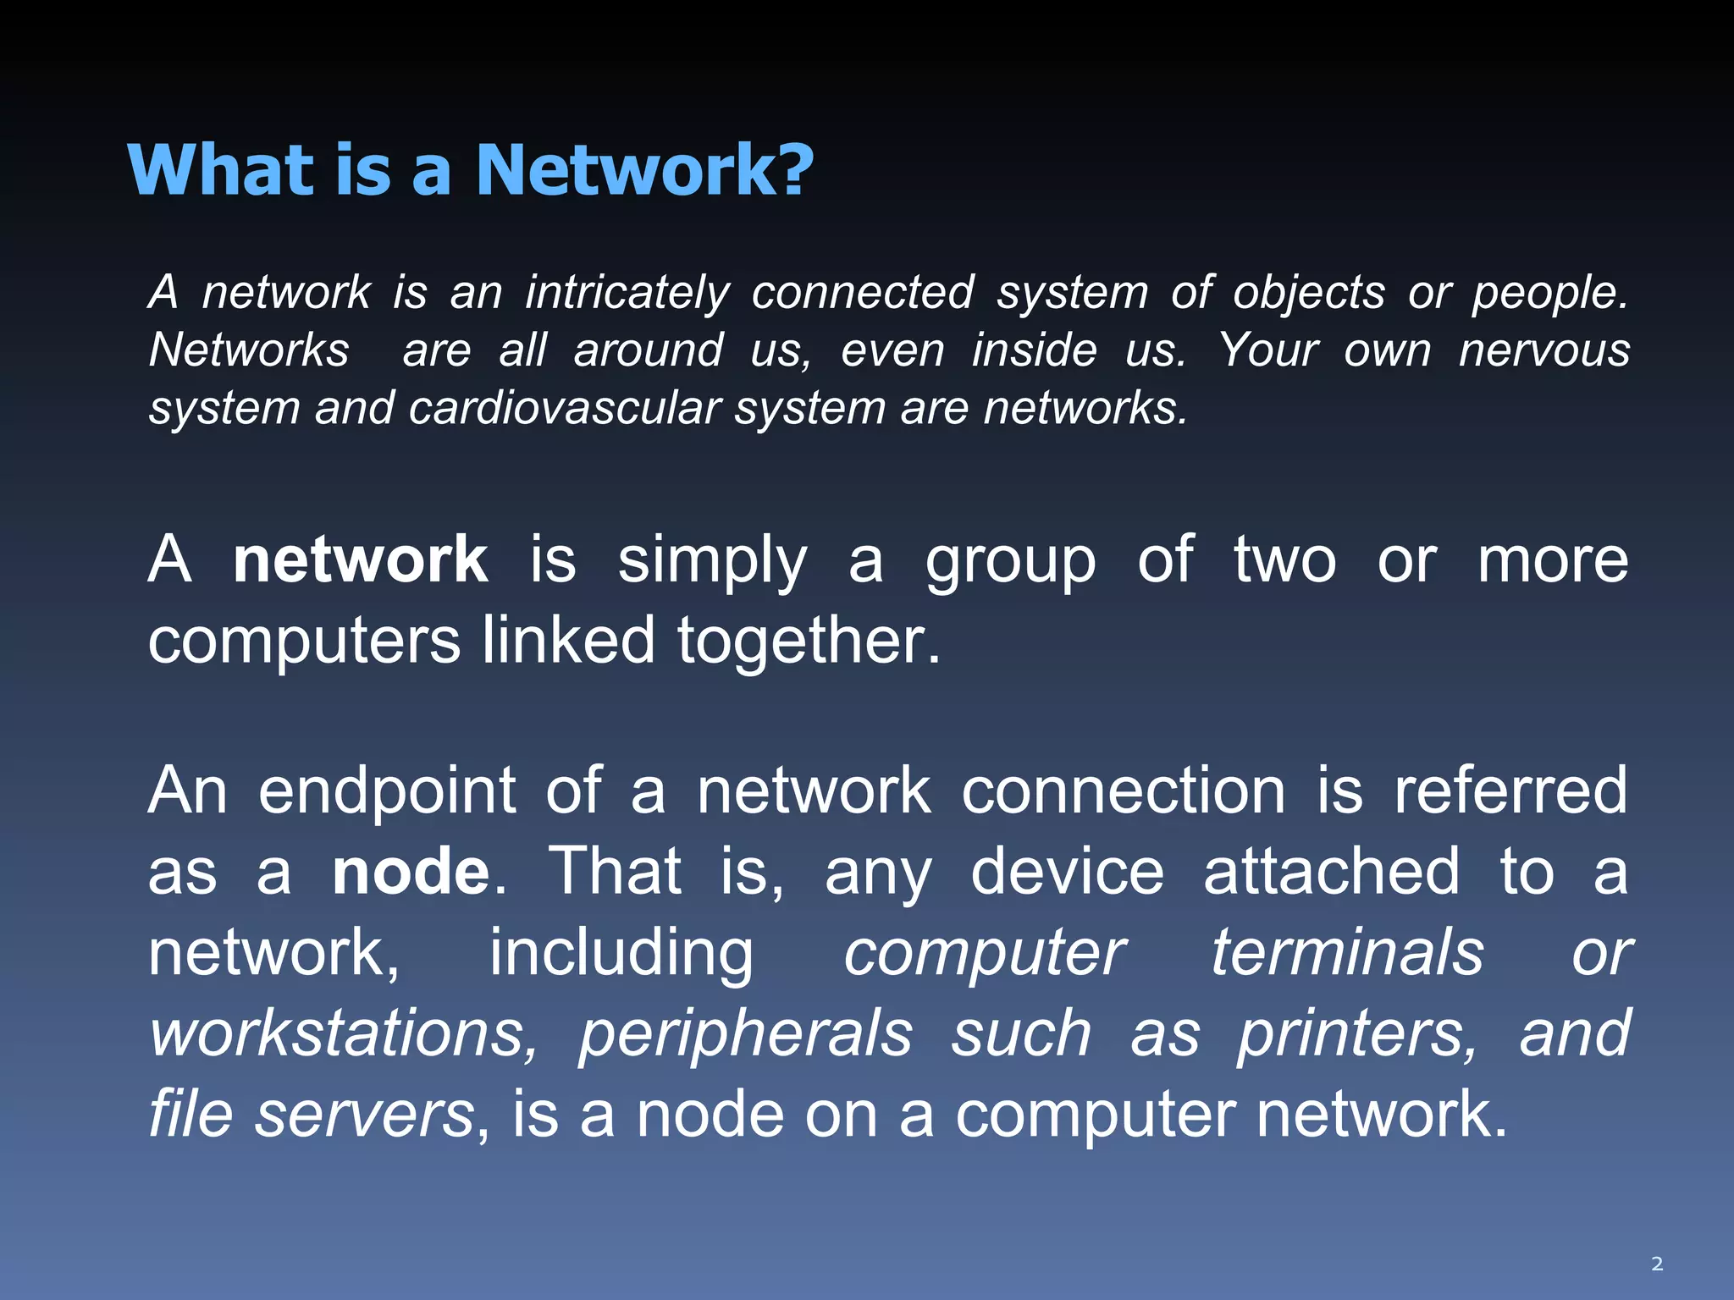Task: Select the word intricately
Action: click(x=627, y=293)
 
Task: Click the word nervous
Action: click(x=1544, y=350)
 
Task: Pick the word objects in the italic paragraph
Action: click(x=1309, y=293)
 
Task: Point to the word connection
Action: click(x=1124, y=790)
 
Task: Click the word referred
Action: click(x=1510, y=790)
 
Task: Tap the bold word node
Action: click(x=411, y=872)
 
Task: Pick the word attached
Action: click(x=1332, y=872)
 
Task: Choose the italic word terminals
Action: click(x=1347, y=953)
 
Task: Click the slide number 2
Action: click(x=1657, y=1264)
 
